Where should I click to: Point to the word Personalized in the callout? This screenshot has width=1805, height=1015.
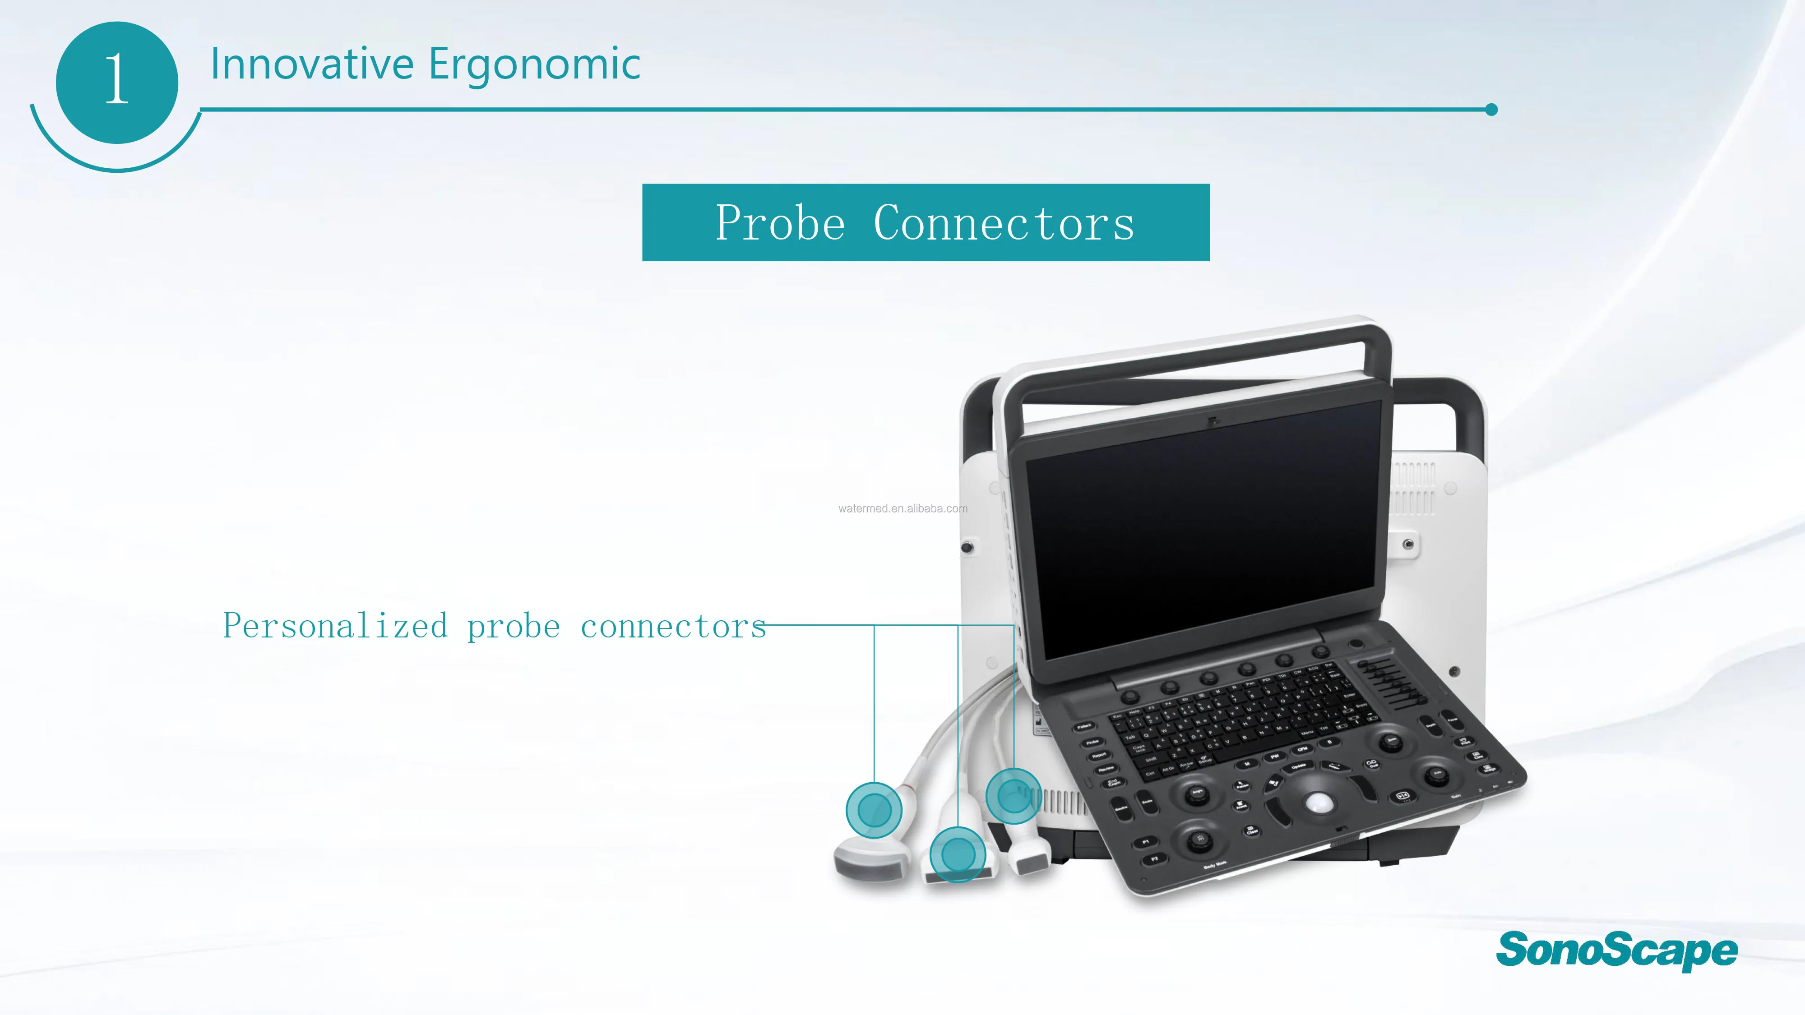pos(335,626)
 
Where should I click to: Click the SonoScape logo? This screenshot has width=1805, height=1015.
pos(1616,950)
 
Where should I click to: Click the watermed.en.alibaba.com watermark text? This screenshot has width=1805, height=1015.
pos(902,508)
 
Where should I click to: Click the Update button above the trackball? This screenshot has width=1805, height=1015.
pos(1298,767)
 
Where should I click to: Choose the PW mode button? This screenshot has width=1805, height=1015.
pos(1275,757)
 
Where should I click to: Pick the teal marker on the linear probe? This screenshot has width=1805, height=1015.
pos(958,854)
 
